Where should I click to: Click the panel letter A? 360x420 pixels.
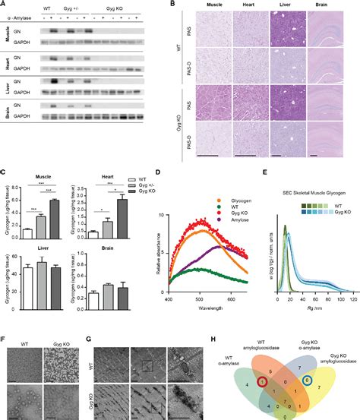(4, 4)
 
